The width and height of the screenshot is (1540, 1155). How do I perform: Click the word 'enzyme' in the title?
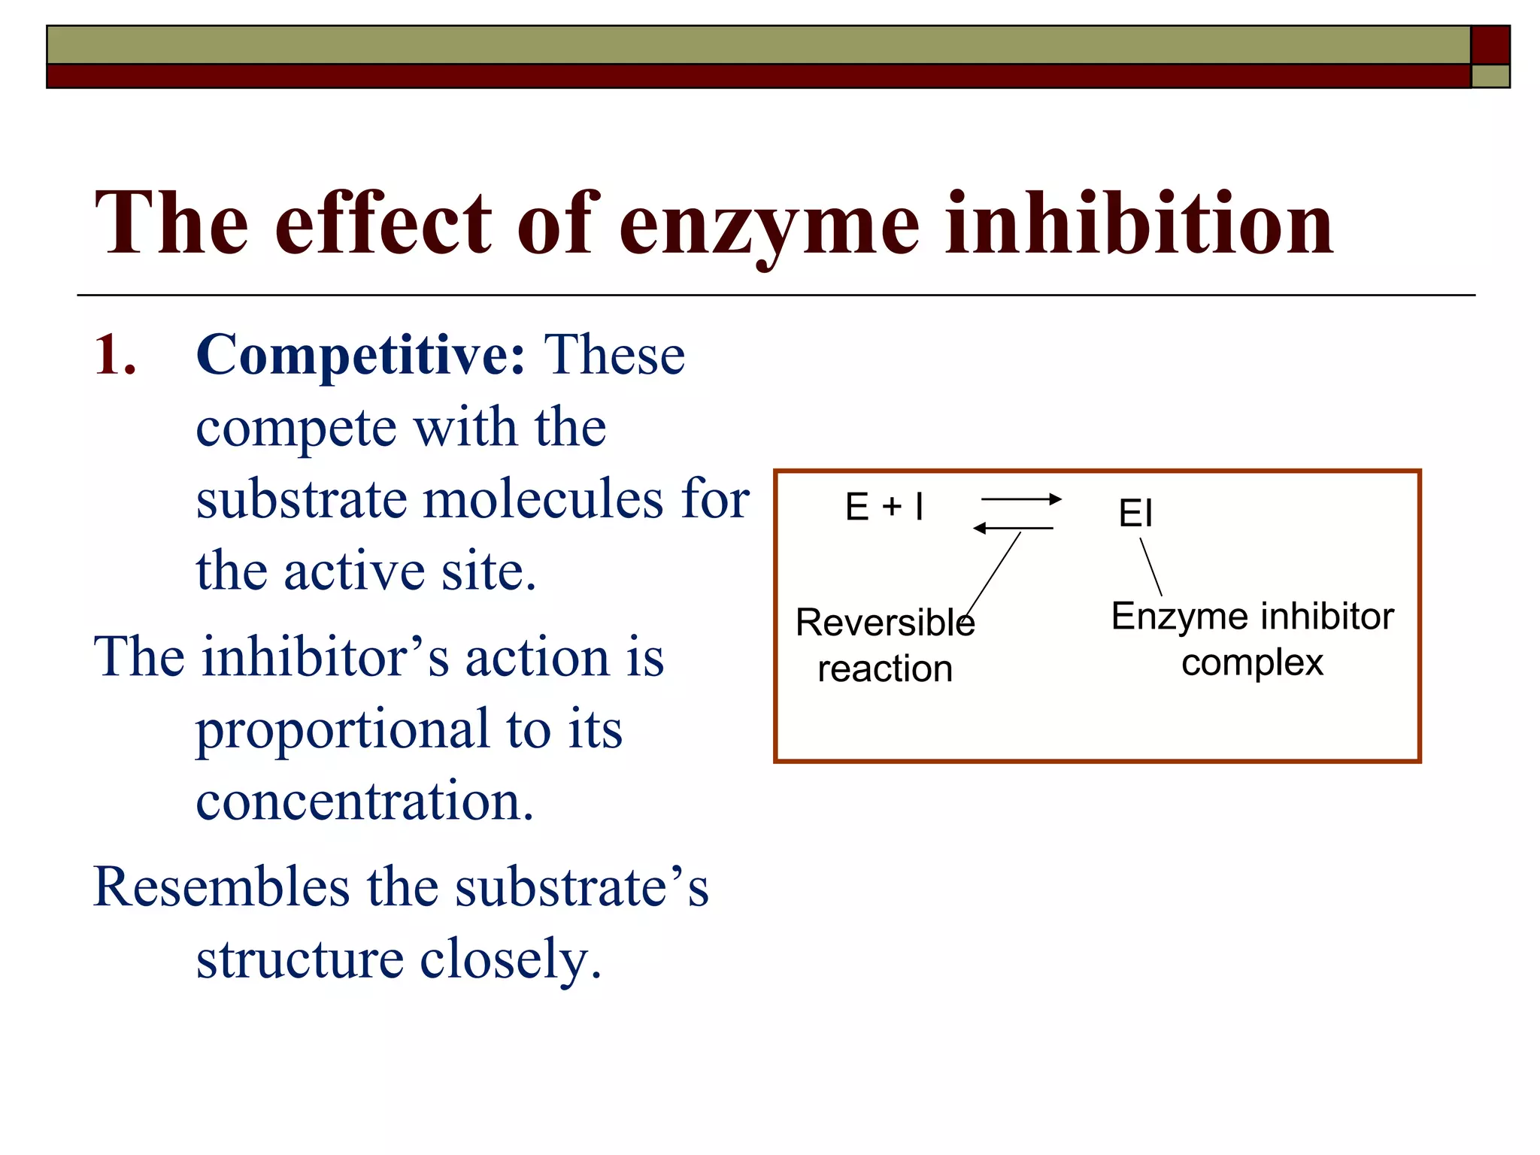click(768, 224)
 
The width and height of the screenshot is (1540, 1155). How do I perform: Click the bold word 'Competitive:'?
click(360, 355)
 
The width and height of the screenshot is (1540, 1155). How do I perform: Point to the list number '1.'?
click(115, 355)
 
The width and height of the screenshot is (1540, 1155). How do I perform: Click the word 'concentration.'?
click(365, 800)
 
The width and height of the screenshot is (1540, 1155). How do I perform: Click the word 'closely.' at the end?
click(511, 959)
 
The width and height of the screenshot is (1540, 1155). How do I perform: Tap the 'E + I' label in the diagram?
click(884, 507)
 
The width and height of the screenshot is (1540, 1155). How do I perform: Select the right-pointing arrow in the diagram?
click(1021, 499)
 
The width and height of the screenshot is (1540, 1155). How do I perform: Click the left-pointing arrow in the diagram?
click(1013, 529)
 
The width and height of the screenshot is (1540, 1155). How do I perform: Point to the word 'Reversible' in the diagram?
click(885, 623)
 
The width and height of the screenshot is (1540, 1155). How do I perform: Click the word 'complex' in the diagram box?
click(1252, 663)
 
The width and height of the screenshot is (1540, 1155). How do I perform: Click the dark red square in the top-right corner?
click(1490, 45)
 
